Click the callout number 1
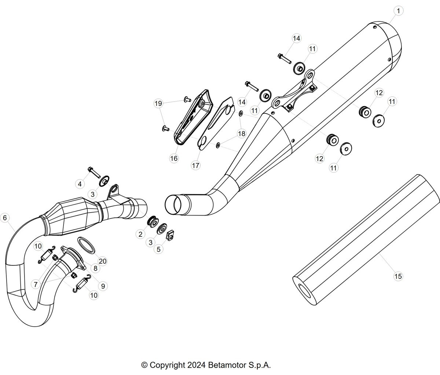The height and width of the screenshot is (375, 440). point(399,11)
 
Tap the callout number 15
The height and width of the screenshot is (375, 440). point(398,276)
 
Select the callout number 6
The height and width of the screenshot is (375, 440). point(5,218)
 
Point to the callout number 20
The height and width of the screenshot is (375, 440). point(103,261)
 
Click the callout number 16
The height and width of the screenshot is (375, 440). point(174,158)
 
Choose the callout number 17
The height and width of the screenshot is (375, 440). point(196,165)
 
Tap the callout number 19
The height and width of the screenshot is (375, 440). point(158,103)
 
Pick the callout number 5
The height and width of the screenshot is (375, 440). point(158,249)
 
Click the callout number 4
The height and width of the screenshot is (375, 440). point(80,184)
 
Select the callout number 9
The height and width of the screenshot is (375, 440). point(103,286)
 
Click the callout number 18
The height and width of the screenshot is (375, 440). point(242,134)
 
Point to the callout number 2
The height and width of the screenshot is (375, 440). point(140,234)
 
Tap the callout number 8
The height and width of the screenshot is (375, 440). point(95,268)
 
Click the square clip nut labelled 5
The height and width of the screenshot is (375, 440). point(170,235)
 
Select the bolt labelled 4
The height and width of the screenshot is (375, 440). point(94,173)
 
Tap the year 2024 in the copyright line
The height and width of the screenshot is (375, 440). point(197,365)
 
